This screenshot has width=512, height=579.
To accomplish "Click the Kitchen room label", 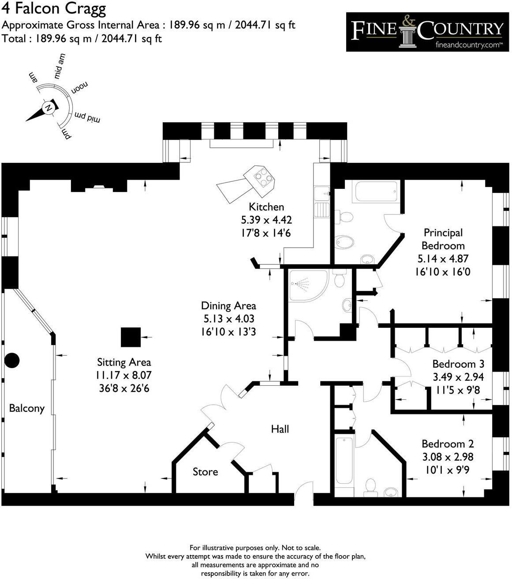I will (x=266, y=207).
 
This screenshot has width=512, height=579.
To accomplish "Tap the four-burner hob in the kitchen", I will (x=263, y=178).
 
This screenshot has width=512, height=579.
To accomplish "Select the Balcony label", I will (x=27, y=408).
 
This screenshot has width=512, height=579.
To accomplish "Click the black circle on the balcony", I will (x=12, y=361).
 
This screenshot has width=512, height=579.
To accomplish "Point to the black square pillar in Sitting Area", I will (x=131, y=337).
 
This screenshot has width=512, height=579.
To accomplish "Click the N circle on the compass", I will (x=48, y=108).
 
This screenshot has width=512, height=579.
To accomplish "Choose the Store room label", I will (x=205, y=472).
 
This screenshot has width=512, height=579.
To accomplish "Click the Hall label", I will (x=280, y=429).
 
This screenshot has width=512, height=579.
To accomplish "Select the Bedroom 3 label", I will (x=458, y=364).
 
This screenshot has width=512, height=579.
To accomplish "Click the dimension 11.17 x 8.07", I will (x=124, y=376).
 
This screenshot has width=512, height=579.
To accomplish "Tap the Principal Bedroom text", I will (x=443, y=239).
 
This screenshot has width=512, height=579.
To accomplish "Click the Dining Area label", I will (x=228, y=306).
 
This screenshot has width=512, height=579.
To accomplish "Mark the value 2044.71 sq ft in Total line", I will (x=131, y=38).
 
